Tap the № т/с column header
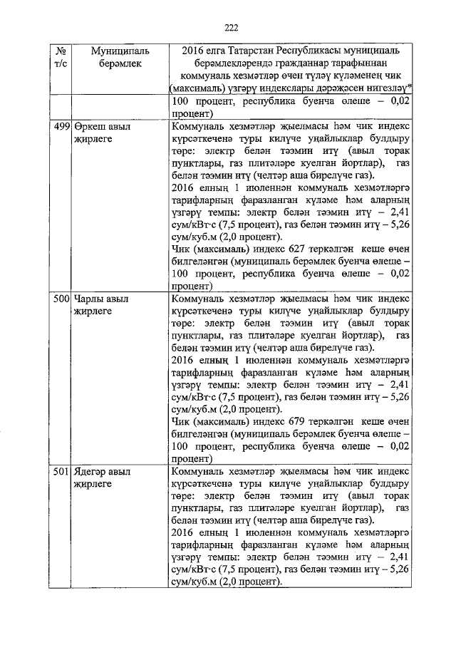[x=61, y=58]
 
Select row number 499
[x=62, y=125]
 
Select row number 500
[x=62, y=299]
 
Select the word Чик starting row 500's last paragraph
[x=182, y=422]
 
